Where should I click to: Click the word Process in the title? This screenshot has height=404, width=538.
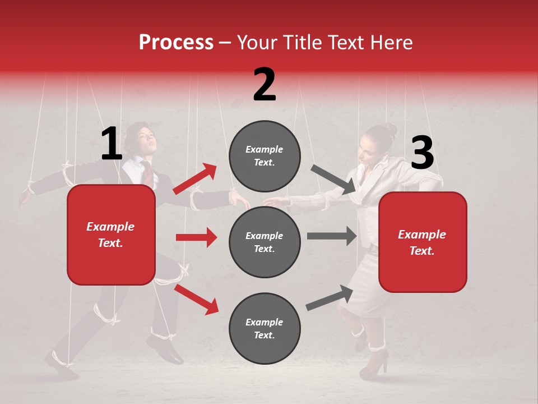click(x=176, y=43)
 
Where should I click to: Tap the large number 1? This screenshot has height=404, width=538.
click(x=112, y=144)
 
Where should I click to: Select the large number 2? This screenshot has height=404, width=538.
click(x=265, y=84)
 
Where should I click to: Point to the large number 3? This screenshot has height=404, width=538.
click(x=422, y=153)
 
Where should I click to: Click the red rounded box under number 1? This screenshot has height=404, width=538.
click(x=111, y=235)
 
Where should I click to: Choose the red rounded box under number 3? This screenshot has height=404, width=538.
click(x=423, y=242)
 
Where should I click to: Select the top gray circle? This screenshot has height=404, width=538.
click(x=265, y=156)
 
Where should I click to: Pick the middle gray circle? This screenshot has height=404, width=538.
click(x=265, y=242)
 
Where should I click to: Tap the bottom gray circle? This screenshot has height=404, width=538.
click(x=265, y=328)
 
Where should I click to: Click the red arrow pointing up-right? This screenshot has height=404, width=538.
click(x=195, y=179)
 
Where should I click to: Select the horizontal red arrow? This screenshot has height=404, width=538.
click(x=196, y=237)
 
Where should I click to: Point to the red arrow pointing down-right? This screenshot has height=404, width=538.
click(x=196, y=299)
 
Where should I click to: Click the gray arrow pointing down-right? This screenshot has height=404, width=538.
click(x=333, y=179)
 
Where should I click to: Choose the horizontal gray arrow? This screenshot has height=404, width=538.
click(x=332, y=236)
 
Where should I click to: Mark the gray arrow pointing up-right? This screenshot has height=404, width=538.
click(x=330, y=298)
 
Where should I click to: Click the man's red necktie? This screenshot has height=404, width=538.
click(x=147, y=174)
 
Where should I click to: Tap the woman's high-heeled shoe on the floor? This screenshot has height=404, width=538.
click(x=374, y=365)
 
